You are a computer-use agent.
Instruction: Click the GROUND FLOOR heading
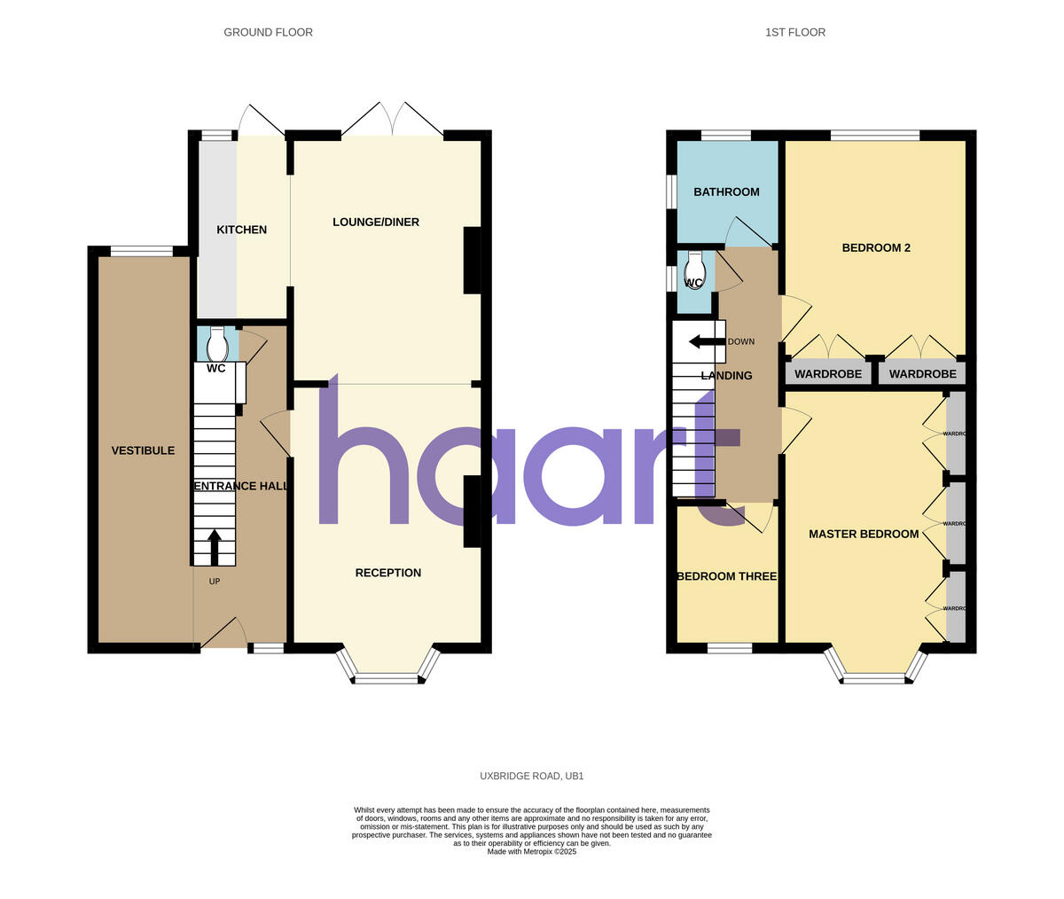click(268, 33)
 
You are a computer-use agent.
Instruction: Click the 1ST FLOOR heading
click(795, 33)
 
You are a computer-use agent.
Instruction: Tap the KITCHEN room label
click(241, 230)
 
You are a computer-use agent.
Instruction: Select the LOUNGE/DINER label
click(376, 222)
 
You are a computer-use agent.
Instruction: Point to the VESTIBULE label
click(143, 450)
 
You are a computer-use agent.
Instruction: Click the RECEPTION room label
click(387, 573)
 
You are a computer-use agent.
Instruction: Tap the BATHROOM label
click(726, 192)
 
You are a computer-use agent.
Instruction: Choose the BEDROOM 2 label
click(876, 248)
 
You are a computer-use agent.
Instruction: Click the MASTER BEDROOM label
click(864, 534)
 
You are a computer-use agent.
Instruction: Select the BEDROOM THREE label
click(726, 576)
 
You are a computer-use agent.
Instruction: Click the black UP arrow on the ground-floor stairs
click(215, 546)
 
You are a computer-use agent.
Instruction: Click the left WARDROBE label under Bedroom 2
click(828, 374)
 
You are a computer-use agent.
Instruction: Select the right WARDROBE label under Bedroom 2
click(922, 374)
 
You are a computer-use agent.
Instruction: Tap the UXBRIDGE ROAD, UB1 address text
click(532, 776)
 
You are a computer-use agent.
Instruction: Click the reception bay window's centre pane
click(387, 679)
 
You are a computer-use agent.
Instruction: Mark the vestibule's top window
click(142, 251)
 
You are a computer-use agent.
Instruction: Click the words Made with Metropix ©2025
click(532, 851)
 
